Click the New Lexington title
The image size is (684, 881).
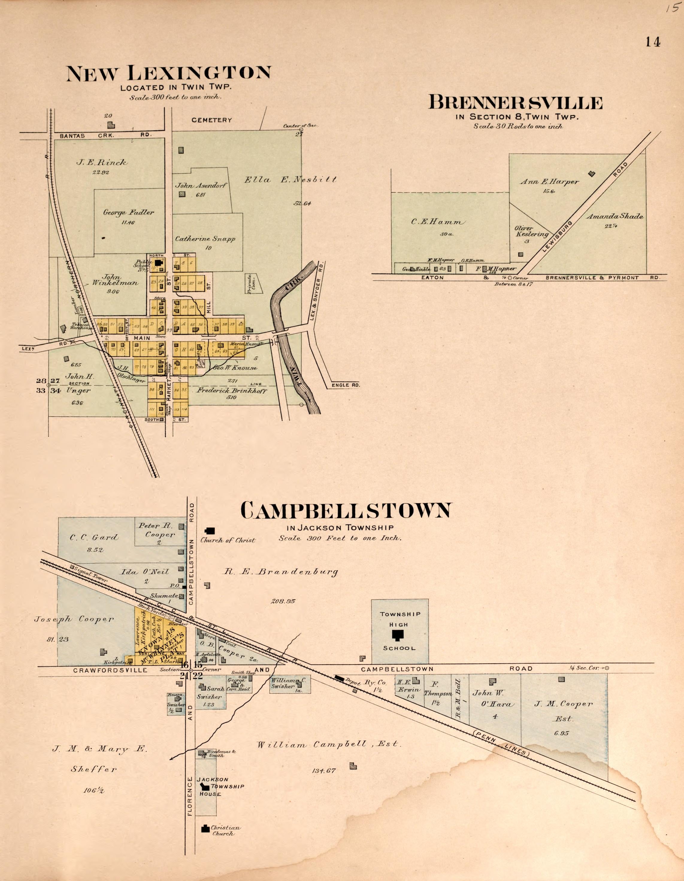(168, 73)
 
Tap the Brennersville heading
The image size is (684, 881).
(515, 103)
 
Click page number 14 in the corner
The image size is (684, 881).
(653, 42)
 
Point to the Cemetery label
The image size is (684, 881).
(212, 120)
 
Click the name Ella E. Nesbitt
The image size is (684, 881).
(290, 180)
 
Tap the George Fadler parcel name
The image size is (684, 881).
(129, 213)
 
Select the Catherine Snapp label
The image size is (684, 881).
(205, 238)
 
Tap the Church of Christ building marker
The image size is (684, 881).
(210, 530)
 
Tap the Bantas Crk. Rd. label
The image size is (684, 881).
(104, 136)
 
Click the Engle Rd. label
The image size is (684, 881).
(345, 385)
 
